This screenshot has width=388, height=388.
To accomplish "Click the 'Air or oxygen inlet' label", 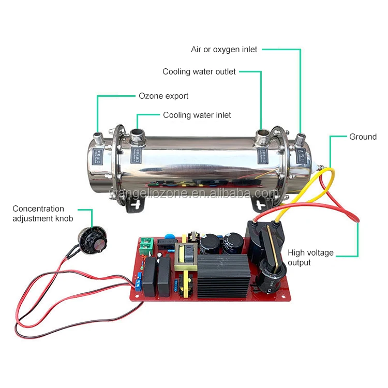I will (x=224, y=50).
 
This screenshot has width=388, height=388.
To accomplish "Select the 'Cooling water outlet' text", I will (x=199, y=72).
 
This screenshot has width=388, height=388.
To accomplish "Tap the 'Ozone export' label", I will (x=163, y=96).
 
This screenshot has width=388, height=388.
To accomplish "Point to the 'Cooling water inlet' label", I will (x=197, y=115).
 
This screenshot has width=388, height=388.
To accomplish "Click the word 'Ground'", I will (x=363, y=137).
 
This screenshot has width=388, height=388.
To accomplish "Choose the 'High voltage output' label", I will (x=310, y=258).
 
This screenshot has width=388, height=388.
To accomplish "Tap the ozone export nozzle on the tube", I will (x=97, y=139).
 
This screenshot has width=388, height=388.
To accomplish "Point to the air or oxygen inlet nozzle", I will (x=301, y=138).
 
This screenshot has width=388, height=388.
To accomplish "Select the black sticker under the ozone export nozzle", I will (x=97, y=155).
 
